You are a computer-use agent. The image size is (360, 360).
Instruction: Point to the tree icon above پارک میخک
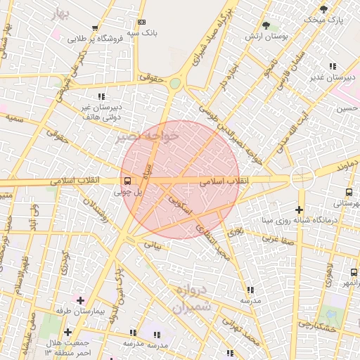click(323, 9)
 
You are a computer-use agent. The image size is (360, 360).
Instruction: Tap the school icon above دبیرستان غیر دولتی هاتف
click(101, 96)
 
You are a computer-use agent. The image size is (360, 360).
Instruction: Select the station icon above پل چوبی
click(127, 180)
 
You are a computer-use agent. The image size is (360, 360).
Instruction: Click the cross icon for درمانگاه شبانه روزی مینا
click(299, 210)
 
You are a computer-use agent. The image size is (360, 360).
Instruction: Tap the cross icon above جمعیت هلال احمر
click(67, 332)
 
